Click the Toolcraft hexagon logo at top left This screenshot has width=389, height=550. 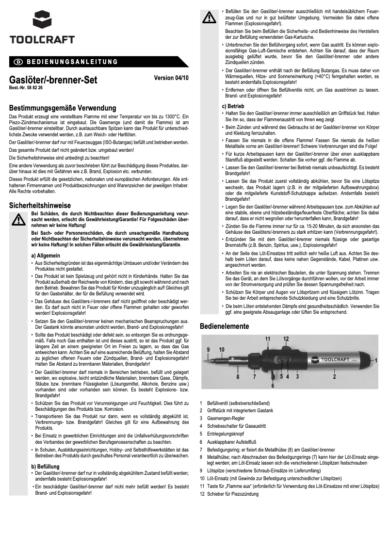pyautogui.click(x=42, y=21)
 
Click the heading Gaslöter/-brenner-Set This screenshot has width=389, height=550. pyautogui.click(x=53, y=81)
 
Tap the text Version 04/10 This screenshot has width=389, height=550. pyautogui.click(x=171, y=78)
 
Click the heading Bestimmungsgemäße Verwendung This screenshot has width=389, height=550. pyautogui.click(x=63, y=108)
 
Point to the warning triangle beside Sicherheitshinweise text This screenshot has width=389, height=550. pyautogui.click(x=18, y=221)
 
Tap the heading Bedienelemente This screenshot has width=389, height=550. pyautogui.click(x=225, y=326)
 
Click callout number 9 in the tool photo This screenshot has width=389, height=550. pyautogui.click(x=208, y=349)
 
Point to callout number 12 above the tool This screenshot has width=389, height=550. pyautogui.click(x=286, y=339)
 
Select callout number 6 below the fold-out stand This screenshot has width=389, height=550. pyautogui.click(x=272, y=386)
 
